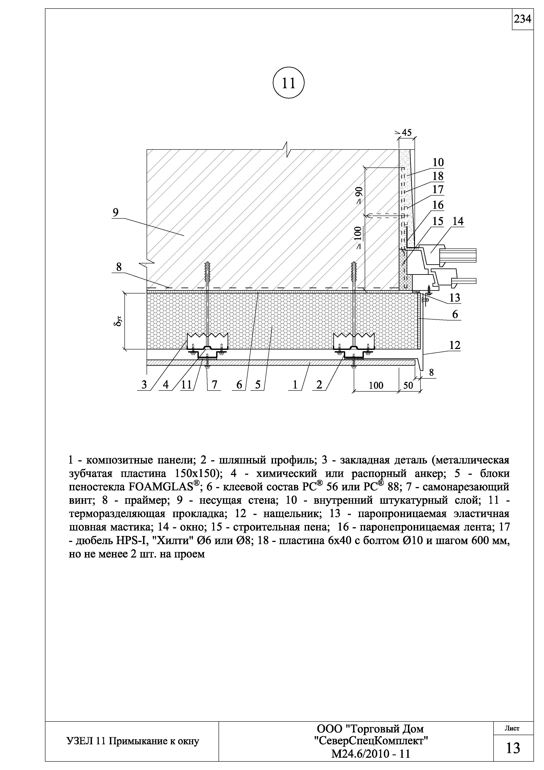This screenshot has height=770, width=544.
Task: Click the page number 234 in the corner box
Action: (x=522, y=20)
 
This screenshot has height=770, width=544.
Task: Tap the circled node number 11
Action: (x=289, y=83)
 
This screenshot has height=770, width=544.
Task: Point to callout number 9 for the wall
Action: (x=116, y=213)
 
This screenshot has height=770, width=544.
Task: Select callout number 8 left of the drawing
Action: (x=119, y=267)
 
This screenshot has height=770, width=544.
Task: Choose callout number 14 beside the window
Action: (x=458, y=221)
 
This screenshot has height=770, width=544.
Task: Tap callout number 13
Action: (x=455, y=298)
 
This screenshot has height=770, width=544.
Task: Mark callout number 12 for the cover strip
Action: (x=455, y=345)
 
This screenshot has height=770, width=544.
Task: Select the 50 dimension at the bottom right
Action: (x=408, y=385)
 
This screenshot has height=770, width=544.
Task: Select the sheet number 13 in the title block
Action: (x=513, y=748)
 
